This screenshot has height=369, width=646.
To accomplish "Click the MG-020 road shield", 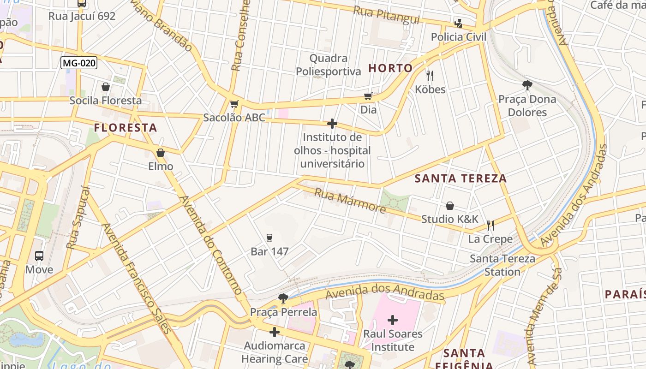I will click(x=79, y=63).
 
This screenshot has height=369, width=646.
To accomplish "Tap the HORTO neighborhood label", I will click(x=390, y=68).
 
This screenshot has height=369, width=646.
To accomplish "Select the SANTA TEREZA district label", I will click(x=461, y=179).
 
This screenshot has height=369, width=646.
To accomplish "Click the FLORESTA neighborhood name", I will click(x=126, y=128).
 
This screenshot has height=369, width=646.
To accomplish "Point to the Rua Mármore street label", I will click(x=350, y=200).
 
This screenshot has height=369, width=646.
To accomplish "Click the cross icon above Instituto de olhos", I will click(x=332, y=124).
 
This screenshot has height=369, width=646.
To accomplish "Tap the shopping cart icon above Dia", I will click(x=368, y=96).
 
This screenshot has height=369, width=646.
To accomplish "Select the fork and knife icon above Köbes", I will click(x=430, y=75).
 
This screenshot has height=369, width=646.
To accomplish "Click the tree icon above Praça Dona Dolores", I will click(x=527, y=85).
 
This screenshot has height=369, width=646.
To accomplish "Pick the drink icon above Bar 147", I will click(x=269, y=238).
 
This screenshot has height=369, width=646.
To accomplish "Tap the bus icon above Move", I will click(x=39, y=256).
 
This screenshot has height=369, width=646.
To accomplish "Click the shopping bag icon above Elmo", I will click(x=161, y=153).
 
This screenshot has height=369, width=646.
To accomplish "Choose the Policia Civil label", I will click(x=458, y=37).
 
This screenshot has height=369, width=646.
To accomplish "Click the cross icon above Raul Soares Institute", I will click(x=393, y=320).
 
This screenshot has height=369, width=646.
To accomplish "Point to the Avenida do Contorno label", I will click(x=211, y=245).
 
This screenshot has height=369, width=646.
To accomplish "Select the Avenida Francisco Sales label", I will click(x=137, y=278).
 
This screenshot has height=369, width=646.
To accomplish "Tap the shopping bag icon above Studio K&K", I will click(x=450, y=206).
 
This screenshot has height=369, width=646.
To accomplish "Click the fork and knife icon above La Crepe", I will click(x=490, y=226).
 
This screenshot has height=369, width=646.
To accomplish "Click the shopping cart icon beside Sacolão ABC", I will click(x=234, y=104).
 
